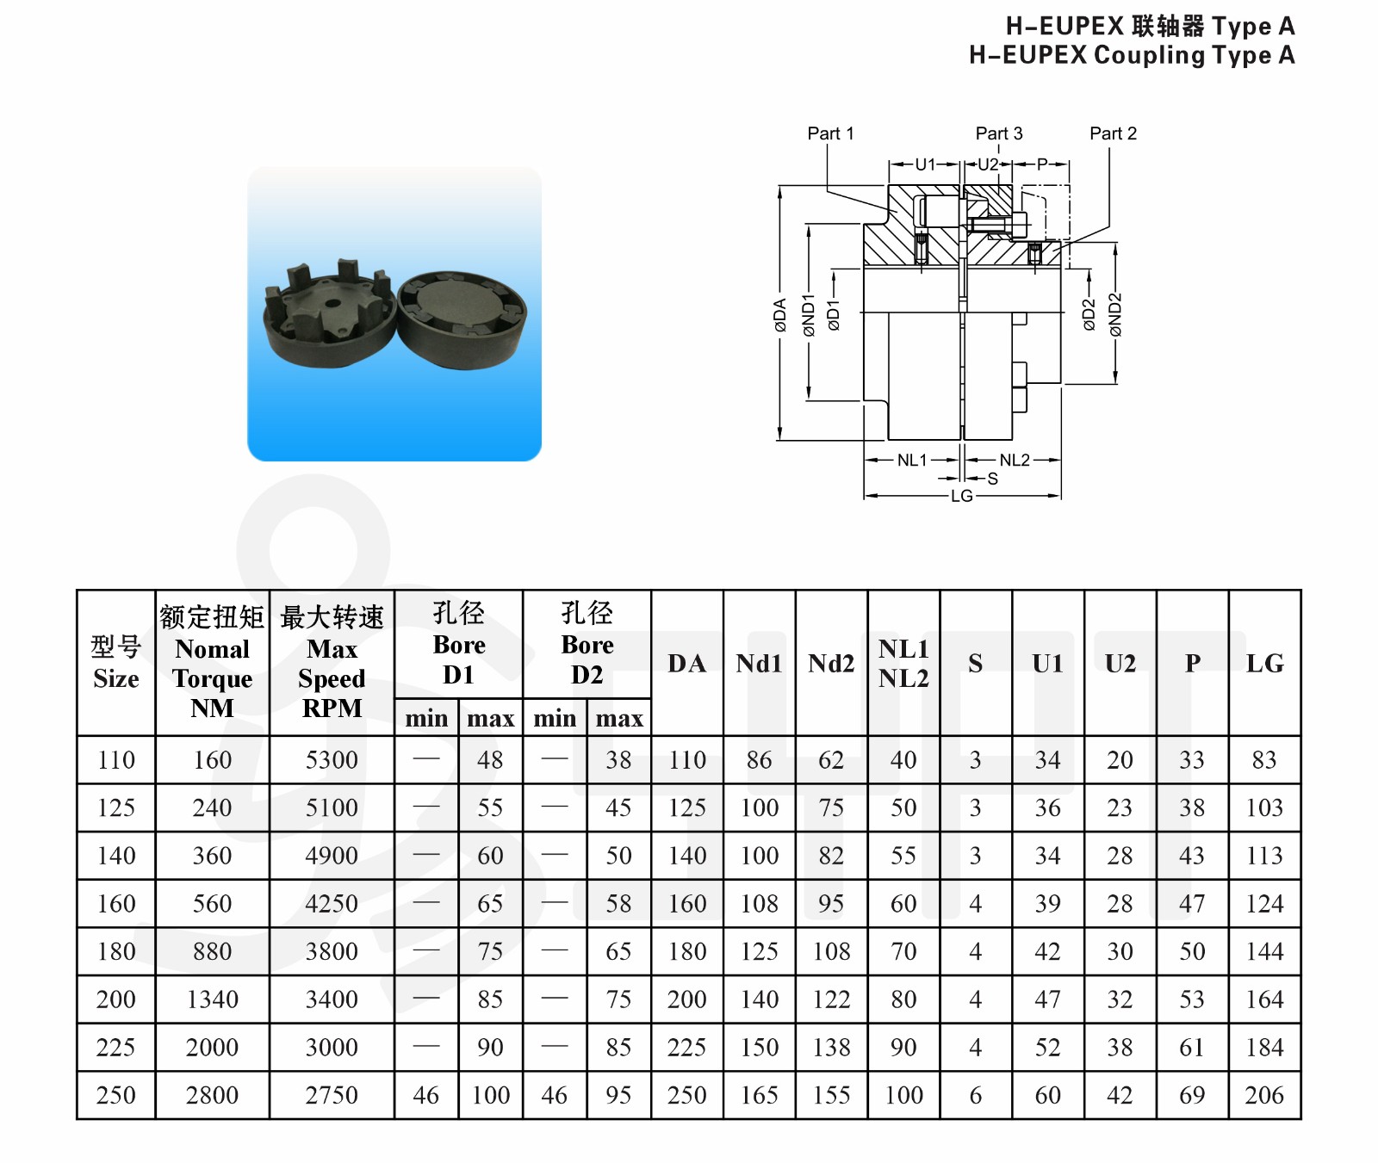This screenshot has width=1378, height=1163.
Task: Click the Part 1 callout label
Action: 830,133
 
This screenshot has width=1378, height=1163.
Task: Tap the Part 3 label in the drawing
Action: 999,133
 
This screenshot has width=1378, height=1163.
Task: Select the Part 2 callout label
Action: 1113,133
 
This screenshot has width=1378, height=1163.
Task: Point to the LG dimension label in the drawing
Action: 962,497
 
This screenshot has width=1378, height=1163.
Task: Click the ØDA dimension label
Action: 780,315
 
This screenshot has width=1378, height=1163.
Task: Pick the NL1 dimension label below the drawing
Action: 912,461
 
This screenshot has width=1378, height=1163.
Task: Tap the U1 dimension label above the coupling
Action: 925,164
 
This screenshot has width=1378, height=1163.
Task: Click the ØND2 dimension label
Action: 1116,315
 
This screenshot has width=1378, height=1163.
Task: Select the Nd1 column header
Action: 759,664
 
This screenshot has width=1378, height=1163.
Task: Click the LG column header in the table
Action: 1264,664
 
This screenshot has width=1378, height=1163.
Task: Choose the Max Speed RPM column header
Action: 332,664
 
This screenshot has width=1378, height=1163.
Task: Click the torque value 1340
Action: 212,999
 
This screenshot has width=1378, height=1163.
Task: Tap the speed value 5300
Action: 332,760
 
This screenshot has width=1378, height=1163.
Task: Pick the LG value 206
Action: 1264,1095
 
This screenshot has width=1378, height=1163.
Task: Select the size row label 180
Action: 116,951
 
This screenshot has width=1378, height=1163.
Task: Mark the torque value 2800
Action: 212,1095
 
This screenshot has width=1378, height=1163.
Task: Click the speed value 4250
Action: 332,904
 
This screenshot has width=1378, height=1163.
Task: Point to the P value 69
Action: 1192,1095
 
